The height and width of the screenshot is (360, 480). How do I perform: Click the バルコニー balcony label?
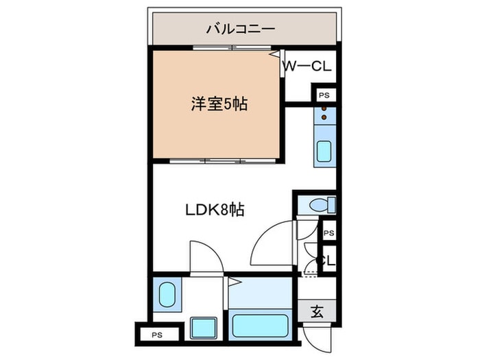[x=240, y=29]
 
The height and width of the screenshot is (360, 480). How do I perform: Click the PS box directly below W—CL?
[x=324, y=95]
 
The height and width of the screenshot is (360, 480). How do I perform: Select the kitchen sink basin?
[x=324, y=152]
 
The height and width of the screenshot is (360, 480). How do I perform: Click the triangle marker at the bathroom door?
[x=232, y=281]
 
